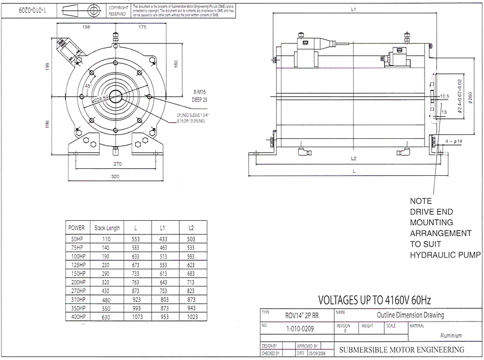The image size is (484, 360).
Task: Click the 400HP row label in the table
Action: tap(79, 317)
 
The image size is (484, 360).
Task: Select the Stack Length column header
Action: tap(107, 228)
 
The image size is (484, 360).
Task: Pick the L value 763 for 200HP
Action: tap(135, 282)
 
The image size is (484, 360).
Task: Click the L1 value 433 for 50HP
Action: tap(163, 239)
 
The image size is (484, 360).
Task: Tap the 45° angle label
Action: tap(88, 84)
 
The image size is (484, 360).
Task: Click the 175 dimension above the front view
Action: tap(142, 28)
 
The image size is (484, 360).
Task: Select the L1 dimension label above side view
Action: tap(354, 9)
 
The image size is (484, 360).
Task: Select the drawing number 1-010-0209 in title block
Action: tap(299, 328)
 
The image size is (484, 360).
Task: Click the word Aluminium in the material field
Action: tap(451, 335)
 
